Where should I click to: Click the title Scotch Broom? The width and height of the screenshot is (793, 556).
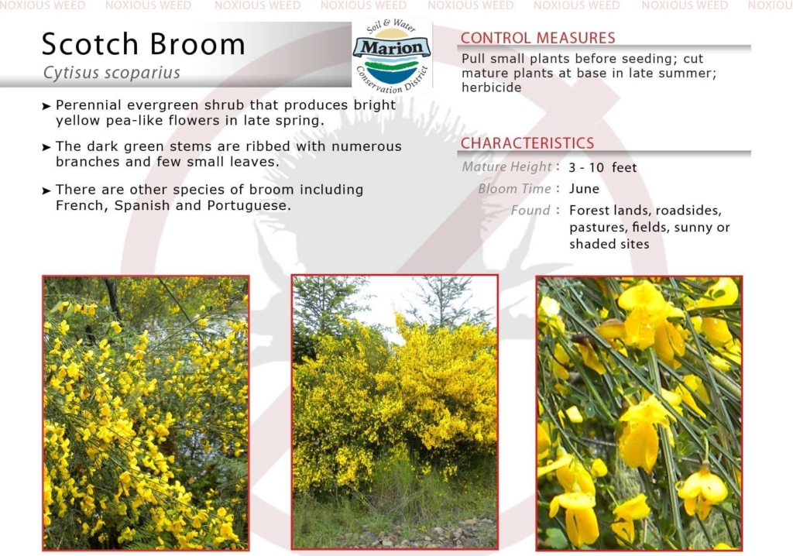pyautogui.click(x=143, y=44)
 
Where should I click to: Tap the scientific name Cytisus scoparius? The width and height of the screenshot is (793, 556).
pyautogui.click(x=112, y=73)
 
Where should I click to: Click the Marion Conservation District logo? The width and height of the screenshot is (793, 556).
pyautogui.click(x=392, y=57)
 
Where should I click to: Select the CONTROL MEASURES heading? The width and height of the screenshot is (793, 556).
pyautogui.click(x=537, y=38)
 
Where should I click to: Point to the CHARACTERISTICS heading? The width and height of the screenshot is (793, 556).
pyautogui.click(x=527, y=143)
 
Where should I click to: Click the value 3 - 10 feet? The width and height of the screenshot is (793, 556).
pyautogui.click(x=602, y=167)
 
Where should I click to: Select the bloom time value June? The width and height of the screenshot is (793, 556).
pyautogui.click(x=584, y=189)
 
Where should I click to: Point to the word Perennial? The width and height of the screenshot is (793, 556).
pyautogui.click(x=88, y=105)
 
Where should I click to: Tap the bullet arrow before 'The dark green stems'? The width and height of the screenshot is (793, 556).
pyautogui.click(x=46, y=147)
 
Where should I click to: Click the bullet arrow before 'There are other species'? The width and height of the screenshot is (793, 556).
pyautogui.click(x=46, y=190)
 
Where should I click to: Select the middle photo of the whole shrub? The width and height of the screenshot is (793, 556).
pyautogui.click(x=394, y=412)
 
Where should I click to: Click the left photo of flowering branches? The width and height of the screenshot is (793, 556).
pyautogui.click(x=146, y=413)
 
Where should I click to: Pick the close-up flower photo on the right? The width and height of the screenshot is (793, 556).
pyautogui.click(x=639, y=413)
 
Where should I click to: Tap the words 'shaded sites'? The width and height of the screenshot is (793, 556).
pyautogui.click(x=609, y=245)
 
